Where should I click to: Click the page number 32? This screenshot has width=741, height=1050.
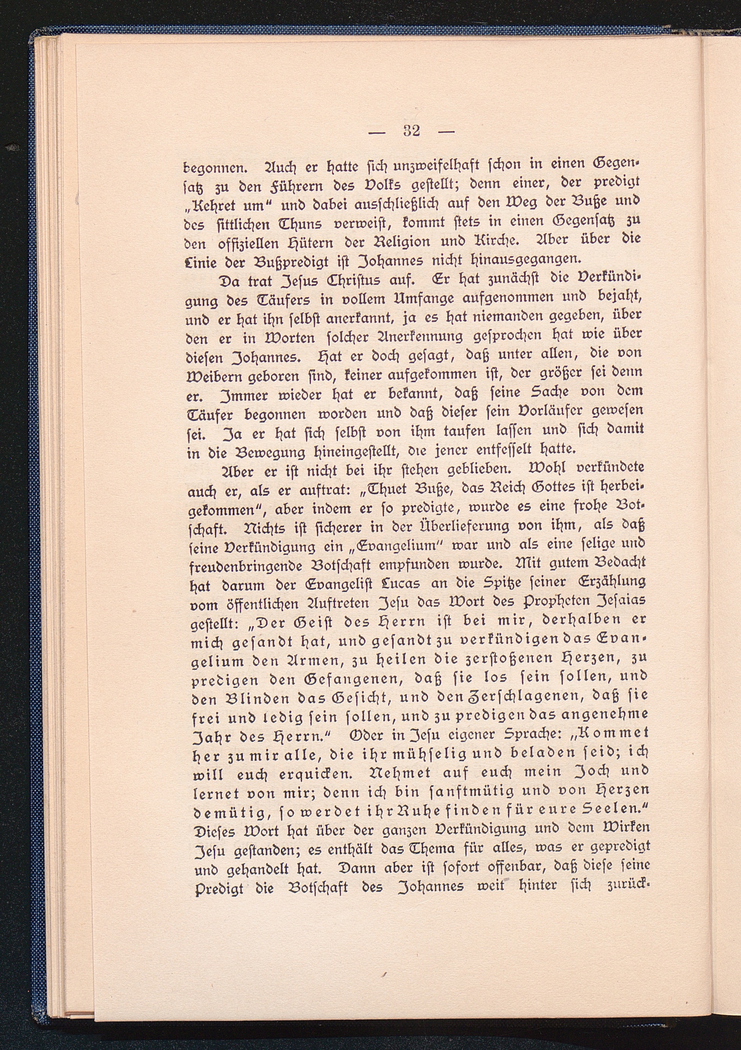click(x=412, y=131)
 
